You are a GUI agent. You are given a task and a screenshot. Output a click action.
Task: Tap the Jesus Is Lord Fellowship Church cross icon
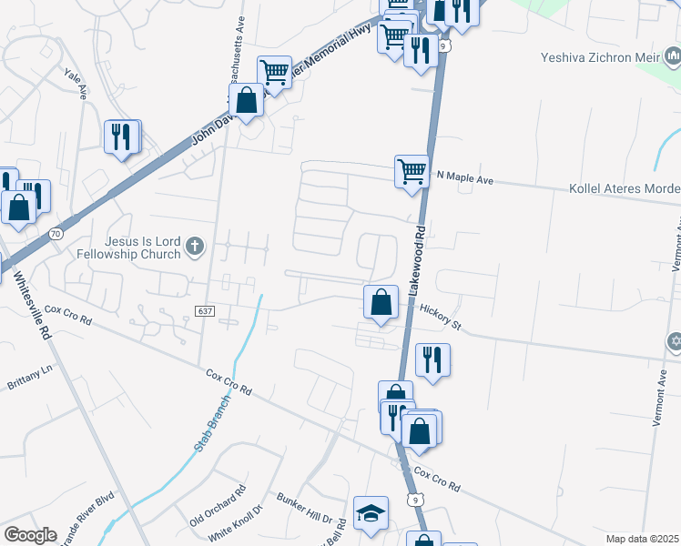click(x=194, y=246)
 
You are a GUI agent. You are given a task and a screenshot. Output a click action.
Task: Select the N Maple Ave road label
click(x=464, y=179)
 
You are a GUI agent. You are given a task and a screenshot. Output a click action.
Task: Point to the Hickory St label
click(x=442, y=314)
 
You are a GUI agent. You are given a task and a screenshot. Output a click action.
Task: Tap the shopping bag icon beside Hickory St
click(x=381, y=302)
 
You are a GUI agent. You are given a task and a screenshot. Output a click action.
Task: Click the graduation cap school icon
click(x=371, y=513)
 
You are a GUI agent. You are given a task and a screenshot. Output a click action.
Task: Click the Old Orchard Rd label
click(x=219, y=507)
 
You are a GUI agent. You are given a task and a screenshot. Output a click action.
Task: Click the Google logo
click(x=30, y=534)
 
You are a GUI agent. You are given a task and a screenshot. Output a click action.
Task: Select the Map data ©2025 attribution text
click(x=642, y=539)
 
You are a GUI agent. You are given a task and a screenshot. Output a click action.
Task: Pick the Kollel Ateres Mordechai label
click(x=624, y=188)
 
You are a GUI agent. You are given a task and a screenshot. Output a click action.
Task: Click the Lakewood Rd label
click(x=417, y=259)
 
